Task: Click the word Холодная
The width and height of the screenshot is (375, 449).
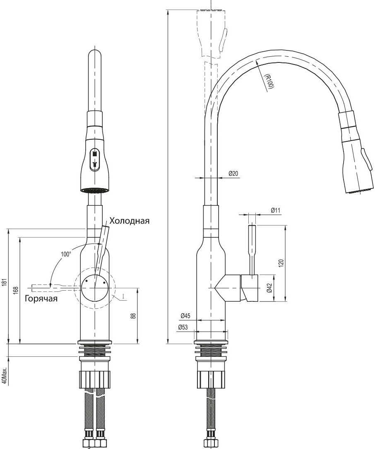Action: [130, 221]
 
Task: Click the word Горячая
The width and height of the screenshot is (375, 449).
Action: [41, 299]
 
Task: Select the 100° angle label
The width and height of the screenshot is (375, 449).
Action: [66, 254]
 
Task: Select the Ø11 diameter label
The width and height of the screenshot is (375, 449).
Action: [276, 210]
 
